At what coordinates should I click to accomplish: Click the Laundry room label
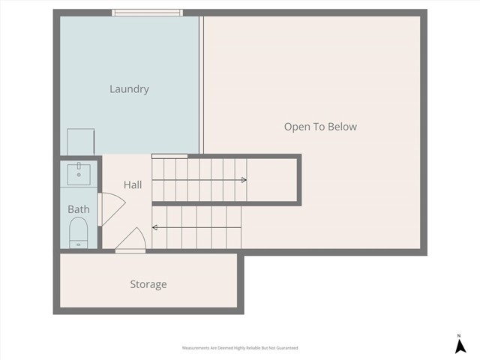129,89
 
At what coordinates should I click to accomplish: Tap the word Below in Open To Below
341,127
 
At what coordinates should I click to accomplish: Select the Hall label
133,184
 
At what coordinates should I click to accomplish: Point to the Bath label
79,209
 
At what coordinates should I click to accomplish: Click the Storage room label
148,284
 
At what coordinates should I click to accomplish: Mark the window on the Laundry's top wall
147,12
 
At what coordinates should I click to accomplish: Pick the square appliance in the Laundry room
81,141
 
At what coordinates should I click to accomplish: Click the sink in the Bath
79,172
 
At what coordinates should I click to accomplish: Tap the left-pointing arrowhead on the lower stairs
154,227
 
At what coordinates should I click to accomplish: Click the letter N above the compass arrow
458,335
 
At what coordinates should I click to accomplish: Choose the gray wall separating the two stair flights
225,203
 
